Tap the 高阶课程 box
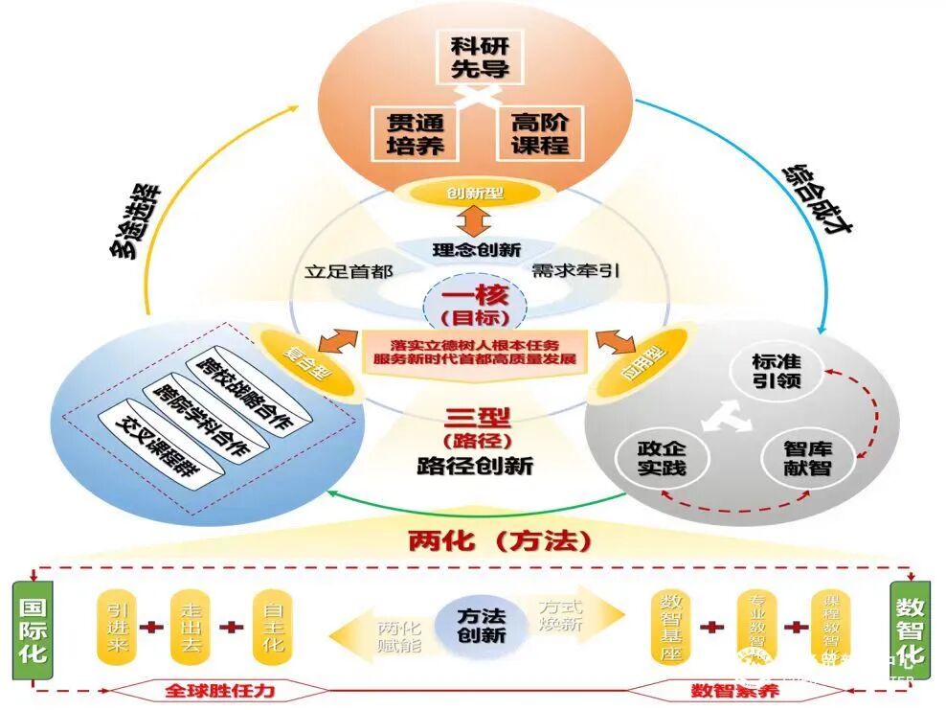539,133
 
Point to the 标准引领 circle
776,372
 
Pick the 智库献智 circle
807,458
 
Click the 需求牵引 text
575,270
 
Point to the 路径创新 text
475,467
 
